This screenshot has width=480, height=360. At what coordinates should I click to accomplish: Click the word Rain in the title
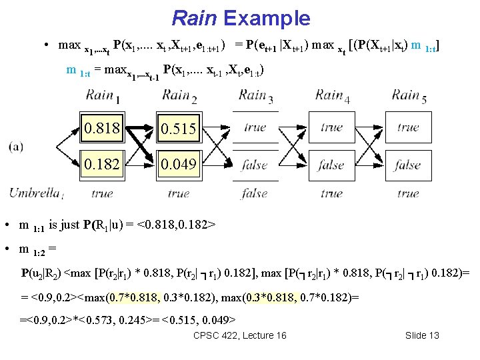pos(194,18)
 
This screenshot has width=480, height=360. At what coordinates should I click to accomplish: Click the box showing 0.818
pos(102,128)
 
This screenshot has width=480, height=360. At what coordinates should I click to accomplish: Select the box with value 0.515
pos(178,128)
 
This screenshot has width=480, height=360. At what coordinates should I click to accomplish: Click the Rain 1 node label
pos(103,96)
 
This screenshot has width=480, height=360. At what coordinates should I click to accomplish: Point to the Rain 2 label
pos(179,96)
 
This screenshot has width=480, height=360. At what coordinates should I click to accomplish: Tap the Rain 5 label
pos(408,96)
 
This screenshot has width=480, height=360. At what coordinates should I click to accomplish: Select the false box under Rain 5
pos(407,165)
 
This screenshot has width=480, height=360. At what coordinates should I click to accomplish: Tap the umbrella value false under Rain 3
pos(255,193)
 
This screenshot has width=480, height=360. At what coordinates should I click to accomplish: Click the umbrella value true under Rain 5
pos(407,193)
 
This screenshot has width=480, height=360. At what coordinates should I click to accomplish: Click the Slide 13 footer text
pos(422,335)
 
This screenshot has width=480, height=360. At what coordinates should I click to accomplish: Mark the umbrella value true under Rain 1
pos(102,193)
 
